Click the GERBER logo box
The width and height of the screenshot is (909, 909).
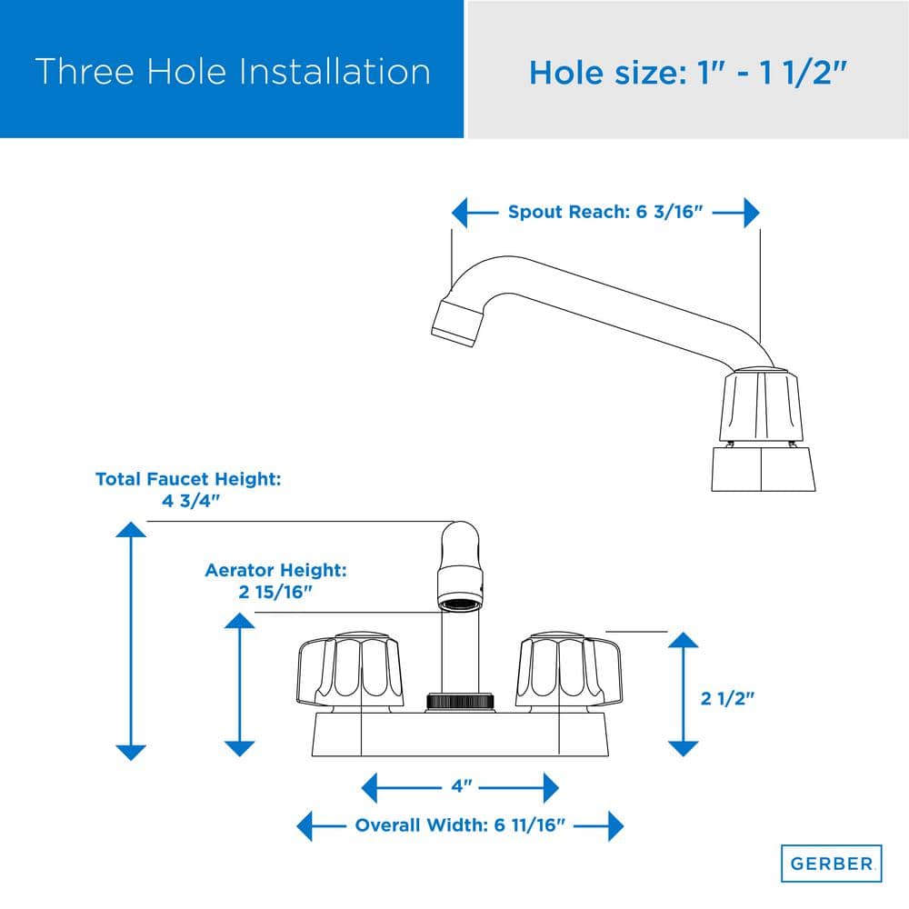pos(832,864)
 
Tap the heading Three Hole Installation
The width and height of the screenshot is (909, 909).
pos(233,71)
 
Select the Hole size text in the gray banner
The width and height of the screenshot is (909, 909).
pos(687,73)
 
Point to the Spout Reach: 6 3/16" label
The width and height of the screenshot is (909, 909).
pos(605,212)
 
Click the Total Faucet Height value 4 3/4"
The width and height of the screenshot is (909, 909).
pos(191,501)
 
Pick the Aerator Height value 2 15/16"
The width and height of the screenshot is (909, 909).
pos(275,592)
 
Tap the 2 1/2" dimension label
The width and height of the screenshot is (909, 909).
pos(727,698)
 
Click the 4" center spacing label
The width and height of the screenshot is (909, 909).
pos(462,786)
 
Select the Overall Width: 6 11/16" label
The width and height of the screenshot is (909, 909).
pos(460,825)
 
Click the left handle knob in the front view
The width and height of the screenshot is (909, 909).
pos(350,672)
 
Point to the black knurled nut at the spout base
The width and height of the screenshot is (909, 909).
pos(461,702)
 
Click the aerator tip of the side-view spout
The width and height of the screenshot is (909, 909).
pos(457,324)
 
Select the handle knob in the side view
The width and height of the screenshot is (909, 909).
pos(761,405)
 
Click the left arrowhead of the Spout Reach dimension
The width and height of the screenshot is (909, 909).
pos(460,212)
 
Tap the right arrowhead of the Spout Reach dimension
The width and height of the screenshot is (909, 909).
pos(752,212)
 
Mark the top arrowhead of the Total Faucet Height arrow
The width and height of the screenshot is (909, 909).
pos(131,529)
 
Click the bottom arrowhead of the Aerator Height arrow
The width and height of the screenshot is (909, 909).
pos(239,749)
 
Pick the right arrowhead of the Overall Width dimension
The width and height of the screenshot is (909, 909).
pos(615,825)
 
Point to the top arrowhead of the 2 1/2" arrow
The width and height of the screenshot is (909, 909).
pos(683,639)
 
